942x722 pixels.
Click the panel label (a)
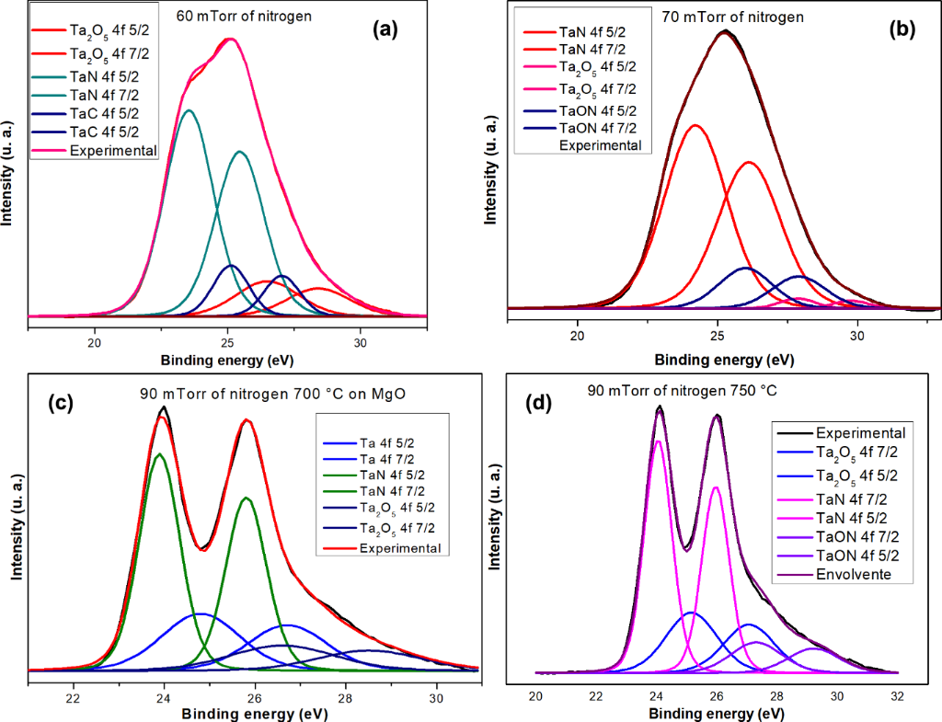tap(385, 29)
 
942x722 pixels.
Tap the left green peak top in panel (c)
tap(160, 453)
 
